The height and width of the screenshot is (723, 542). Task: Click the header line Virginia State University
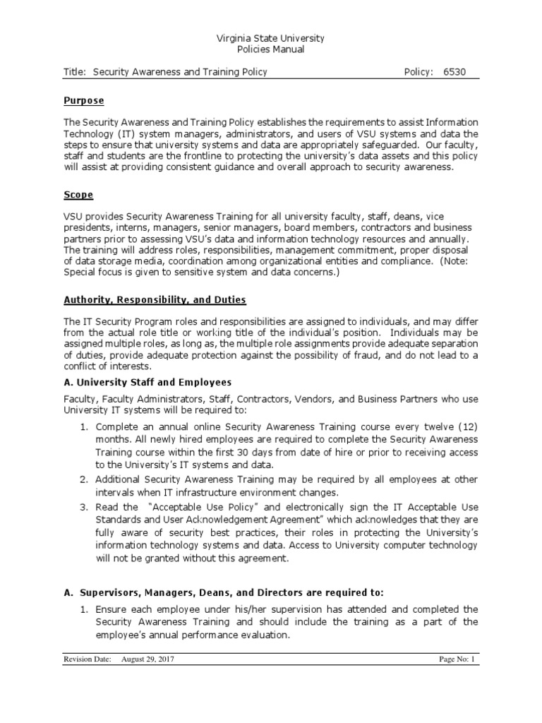[271, 38]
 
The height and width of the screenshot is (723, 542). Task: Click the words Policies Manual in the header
[271, 49]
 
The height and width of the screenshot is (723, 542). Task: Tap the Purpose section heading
[83, 101]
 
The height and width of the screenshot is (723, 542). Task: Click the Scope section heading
[78, 194]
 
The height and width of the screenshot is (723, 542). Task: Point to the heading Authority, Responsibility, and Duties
[155, 299]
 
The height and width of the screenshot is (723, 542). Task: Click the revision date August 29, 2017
[147, 659]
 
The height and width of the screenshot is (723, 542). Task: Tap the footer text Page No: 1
[458, 659]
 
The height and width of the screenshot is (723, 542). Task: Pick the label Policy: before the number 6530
[418, 72]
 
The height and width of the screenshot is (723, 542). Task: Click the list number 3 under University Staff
[82, 507]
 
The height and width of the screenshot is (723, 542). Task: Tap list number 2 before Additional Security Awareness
[82, 480]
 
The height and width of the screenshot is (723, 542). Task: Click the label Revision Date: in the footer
[88, 659]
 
